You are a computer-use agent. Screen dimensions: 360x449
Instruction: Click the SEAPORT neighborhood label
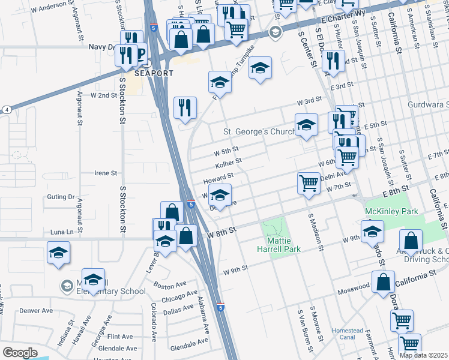pyautogui.click(x=154, y=73)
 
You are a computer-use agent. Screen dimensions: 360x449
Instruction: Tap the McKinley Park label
pyautogui.click(x=391, y=212)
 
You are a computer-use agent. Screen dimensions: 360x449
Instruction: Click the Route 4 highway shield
pyautogui.click(x=6, y=110)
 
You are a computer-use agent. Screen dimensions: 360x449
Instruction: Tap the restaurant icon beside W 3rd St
pyautogui.click(x=185, y=108)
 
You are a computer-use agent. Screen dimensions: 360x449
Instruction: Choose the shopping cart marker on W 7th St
pyautogui.click(x=309, y=184)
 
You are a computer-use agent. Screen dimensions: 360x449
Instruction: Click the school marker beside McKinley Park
pyautogui.click(x=372, y=231)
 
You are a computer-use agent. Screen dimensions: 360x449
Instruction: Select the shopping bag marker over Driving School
pyautogui.click(x=411, y=241)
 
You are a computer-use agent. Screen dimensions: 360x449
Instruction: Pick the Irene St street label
pyautogui.click(x=106, y=173)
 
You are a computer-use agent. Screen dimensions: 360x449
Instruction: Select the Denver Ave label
pyautogui.click(x=37, y=311)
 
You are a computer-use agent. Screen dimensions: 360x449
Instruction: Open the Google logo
pyautogui.click(x=20, y=353)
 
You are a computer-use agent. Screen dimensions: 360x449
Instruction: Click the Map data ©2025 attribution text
pyautogui.click(x=424, y=355)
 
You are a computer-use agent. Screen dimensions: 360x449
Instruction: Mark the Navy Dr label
pyautogui.click(x=101, y=47)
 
